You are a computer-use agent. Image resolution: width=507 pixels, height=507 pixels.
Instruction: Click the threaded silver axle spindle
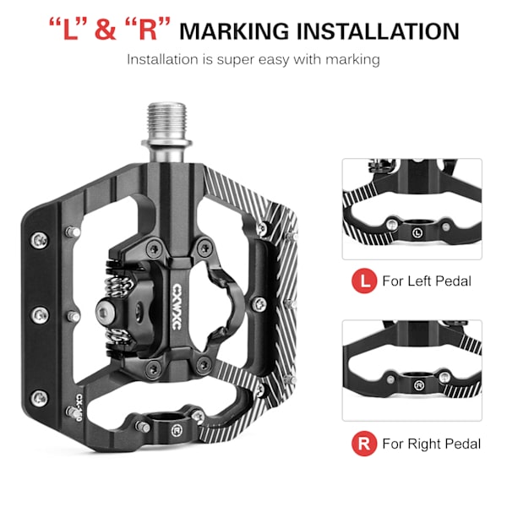[x=166, y=132]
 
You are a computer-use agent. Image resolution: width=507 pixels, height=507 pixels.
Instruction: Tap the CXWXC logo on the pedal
[x=177, y=307]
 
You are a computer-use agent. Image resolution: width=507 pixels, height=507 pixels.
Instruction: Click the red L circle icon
[x=364, y=281]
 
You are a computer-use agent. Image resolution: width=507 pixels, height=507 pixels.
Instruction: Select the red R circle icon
[x=364, y=444]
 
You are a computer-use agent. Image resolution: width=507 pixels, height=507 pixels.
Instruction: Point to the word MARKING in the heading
[x=234, y=31]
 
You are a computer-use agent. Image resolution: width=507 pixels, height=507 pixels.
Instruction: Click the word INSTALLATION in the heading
[x=378, y=31]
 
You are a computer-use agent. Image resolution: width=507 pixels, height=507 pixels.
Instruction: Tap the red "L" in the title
[x=68, y=30]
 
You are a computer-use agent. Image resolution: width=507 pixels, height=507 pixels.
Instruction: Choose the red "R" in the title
[x=147, y=30]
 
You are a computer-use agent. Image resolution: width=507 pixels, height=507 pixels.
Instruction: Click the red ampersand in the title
[x=106, y=30]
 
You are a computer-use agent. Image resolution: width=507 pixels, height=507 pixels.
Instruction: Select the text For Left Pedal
[x=427, y=281]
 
